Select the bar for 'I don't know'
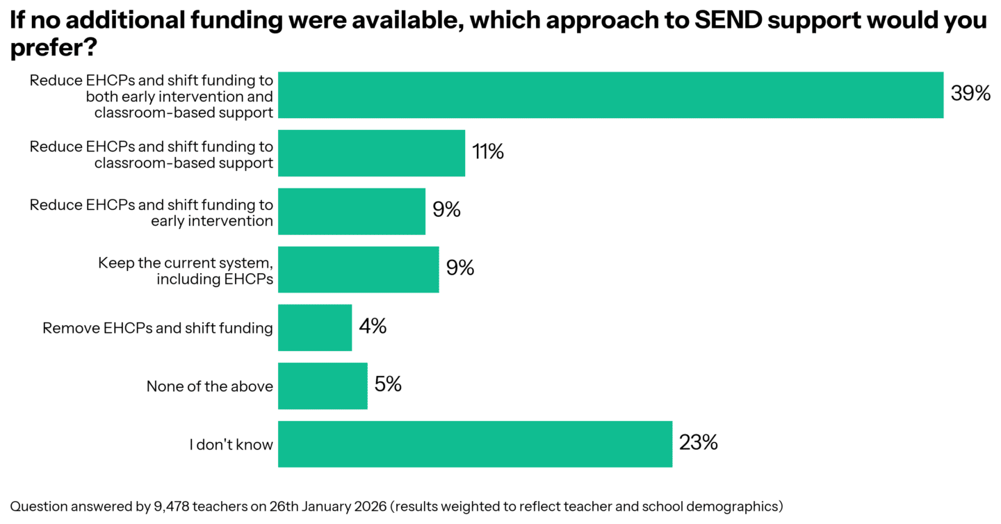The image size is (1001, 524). tap(475, 444)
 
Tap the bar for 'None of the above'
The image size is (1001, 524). tap(323, 386)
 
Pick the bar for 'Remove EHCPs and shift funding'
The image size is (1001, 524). tap(315, 327)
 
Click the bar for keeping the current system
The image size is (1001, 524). tap(358, 270)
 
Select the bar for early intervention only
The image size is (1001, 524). tap(351, 211)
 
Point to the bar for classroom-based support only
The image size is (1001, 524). tap(371, 153)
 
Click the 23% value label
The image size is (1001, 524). tap(699, 443)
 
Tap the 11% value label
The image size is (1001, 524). tap(488, 152)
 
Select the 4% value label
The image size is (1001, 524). tap(373, 327)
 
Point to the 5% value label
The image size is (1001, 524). tap(388, 384)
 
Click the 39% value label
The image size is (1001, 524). tap(970, 94)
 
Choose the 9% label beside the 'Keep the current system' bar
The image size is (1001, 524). tap(460, 268)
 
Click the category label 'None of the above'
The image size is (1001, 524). tap(209, 386)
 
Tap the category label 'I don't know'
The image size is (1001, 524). tap(231, 445)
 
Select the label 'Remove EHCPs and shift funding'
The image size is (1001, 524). tap(158, 328)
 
